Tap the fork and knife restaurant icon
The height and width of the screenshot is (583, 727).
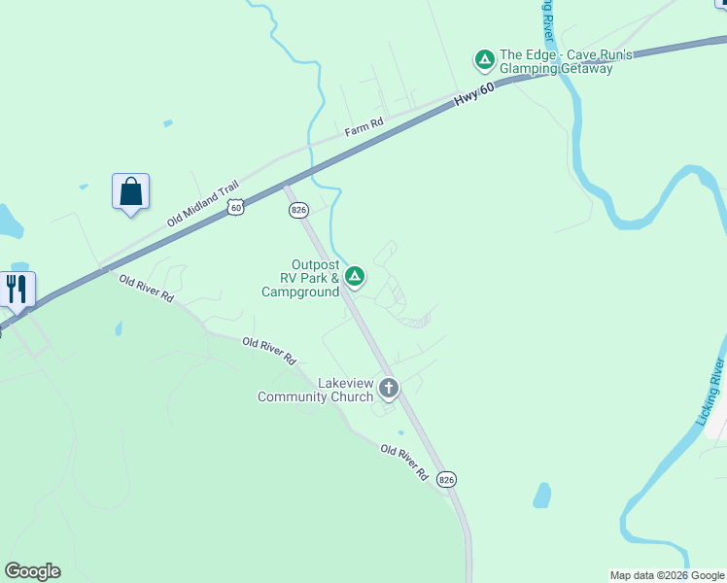(17, 289)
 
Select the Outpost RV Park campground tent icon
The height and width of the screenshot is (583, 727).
(356, 277)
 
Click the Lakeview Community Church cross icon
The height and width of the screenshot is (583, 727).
(389, 389)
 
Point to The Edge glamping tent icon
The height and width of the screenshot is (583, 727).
(484, 60)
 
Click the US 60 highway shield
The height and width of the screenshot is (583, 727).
(235, 207)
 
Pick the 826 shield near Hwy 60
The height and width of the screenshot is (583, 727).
(298, 210)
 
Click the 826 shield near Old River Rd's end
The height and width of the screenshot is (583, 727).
(446, 479)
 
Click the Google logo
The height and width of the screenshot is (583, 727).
(32, 571)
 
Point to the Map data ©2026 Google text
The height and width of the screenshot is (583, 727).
(667, 575)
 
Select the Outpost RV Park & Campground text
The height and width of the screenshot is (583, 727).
(301, 278)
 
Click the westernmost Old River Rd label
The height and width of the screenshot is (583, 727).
(146, 289)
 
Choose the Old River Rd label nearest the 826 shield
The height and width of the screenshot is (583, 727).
(404, 463)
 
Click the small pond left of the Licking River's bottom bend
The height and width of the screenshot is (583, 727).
(542, 496)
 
